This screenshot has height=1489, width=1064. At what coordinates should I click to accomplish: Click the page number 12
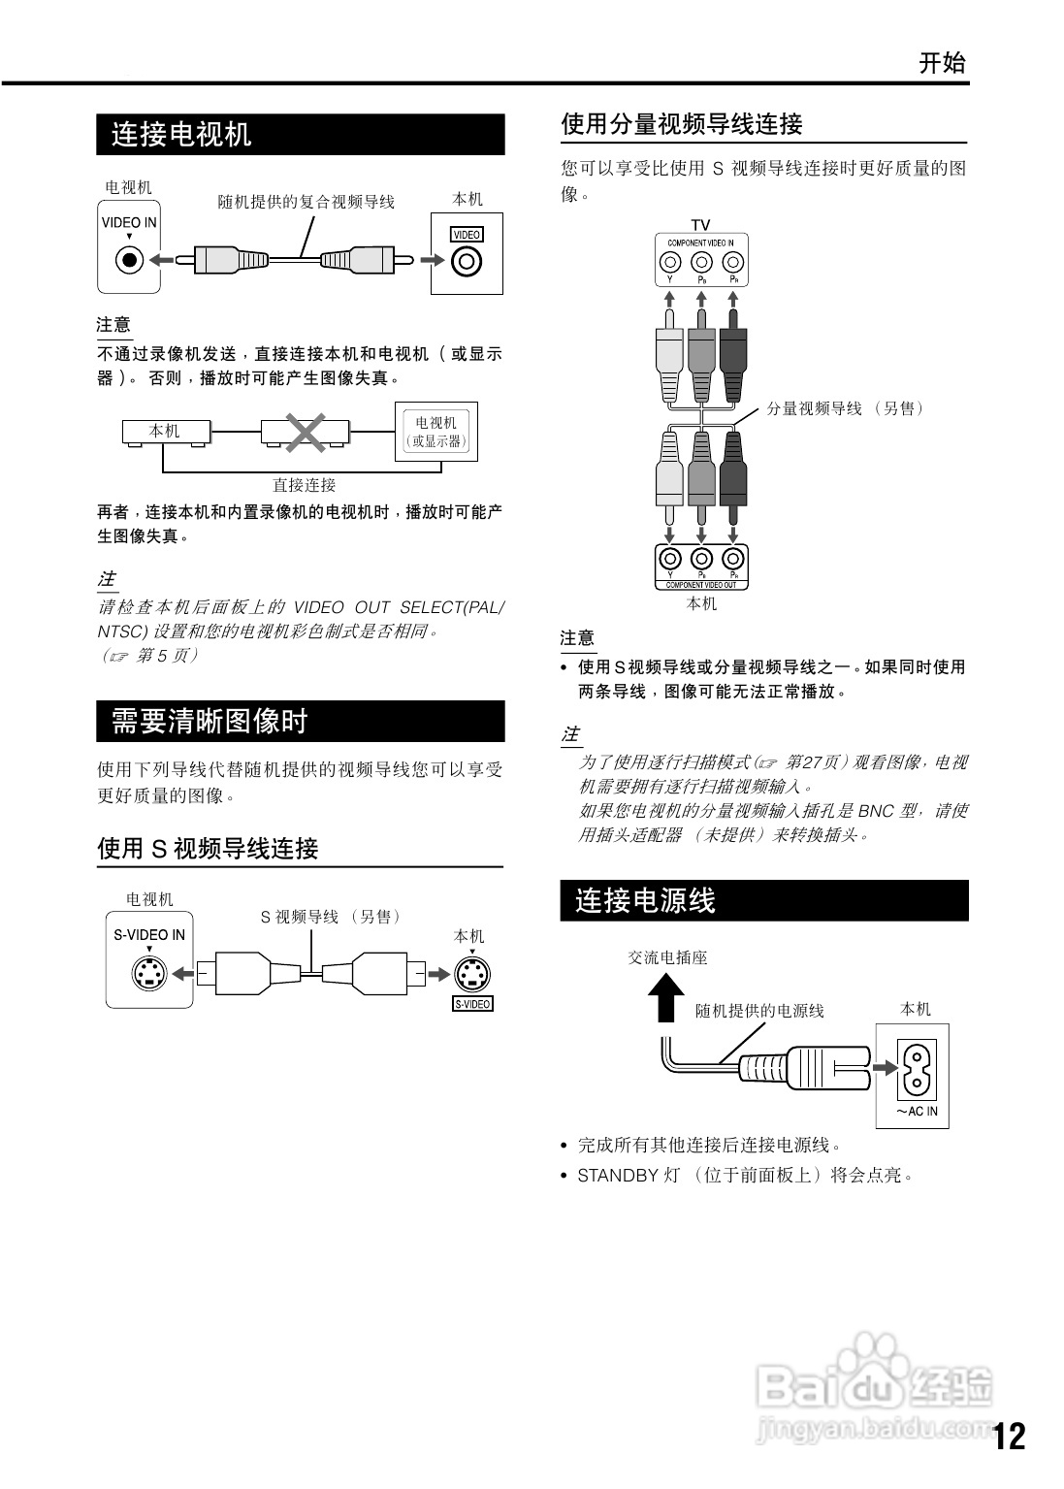click(x=1009, y=1436)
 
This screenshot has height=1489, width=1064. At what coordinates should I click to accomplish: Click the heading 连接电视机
click(x=181, y=134)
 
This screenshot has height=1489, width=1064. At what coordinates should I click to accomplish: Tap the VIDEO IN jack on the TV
click(x=129, y=260)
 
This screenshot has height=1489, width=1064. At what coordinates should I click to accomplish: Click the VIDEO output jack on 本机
click(x=468, y=261)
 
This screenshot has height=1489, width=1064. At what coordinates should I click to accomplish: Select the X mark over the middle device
click(x=305, y=432)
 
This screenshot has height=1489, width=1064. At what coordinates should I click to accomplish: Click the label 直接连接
click(x=304, y=485)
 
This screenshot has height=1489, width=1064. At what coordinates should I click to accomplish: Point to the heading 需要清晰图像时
click(x=210, y=722)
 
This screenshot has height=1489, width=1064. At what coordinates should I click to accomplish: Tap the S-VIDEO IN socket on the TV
click(x=149, y=973)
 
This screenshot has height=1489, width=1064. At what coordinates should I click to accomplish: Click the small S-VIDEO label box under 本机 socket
click(x=472, y=1004)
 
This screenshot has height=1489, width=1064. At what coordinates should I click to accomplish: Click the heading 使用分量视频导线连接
click(x=682, y=124)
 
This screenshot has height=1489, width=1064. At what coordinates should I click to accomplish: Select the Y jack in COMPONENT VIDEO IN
click(x=669, y=262)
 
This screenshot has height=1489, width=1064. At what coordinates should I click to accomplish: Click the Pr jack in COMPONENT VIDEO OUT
click(x=733, y=558)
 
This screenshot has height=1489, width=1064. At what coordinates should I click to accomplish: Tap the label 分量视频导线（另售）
click(x=845, y=408)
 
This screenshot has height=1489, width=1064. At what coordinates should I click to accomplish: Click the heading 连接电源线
click(x=645, y=901)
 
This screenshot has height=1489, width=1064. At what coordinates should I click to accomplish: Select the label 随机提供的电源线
click(x=759, y=1011)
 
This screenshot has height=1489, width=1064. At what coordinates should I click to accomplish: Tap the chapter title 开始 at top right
click(x=942, y=64)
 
